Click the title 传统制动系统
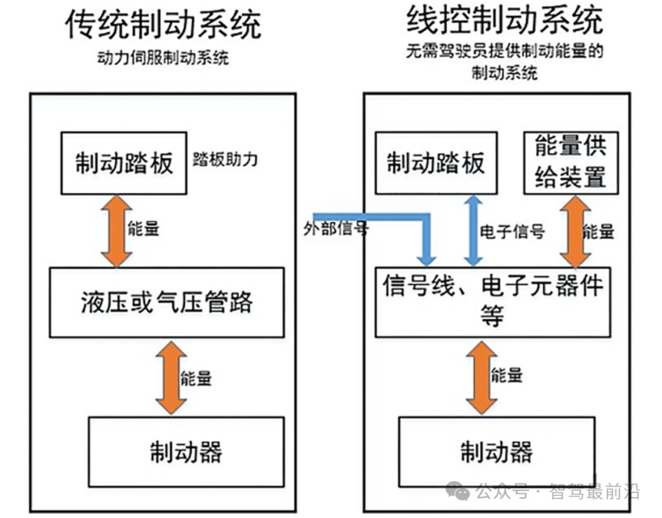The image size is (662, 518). click(x=163, y=25)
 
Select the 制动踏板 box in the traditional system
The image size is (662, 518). click(x=124, y=163)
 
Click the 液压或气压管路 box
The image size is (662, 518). click(x=167, y=302)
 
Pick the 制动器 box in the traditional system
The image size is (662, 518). click(x=186, y=452)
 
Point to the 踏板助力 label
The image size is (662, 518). click(x=225, y=159)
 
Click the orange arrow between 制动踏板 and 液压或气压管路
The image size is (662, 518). click(x=116, y=231)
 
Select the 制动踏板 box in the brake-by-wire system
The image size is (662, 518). click(x=435, y=163)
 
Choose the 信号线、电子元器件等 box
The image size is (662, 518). click(x=493, y=302)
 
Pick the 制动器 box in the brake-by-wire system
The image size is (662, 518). click(x=496, y=452)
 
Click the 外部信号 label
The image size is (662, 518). click(x=337, y=229)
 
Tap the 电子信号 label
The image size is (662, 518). click(x=512, y=231)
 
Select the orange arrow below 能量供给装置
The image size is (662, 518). click(x=575, y=231)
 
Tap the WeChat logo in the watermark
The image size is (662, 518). click(x=458, y=490)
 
